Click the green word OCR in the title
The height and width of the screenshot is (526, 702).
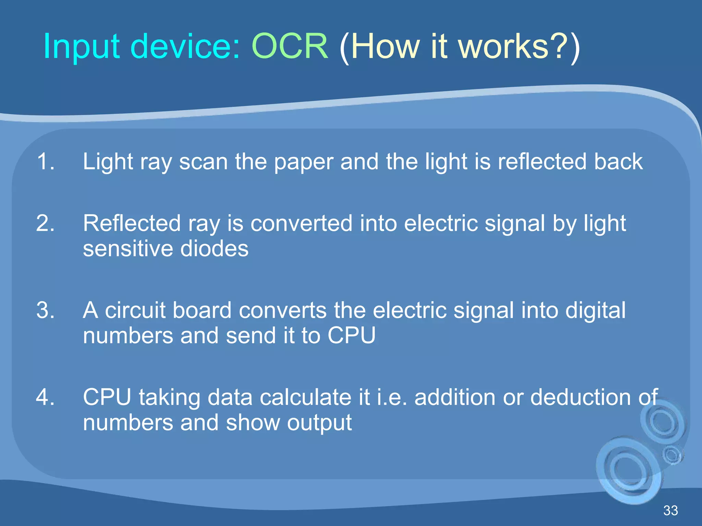(290, 46)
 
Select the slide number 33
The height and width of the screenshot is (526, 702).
(670, 511)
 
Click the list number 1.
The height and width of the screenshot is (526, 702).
(45, 161)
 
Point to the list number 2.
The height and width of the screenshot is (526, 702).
(45, 223)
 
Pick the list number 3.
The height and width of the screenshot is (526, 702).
(45, 310)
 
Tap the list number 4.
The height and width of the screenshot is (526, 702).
(45, 397)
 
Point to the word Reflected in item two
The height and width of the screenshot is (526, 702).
(132, 223)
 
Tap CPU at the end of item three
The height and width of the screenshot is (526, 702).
(351, 335)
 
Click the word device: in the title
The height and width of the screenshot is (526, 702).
(185, 46)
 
